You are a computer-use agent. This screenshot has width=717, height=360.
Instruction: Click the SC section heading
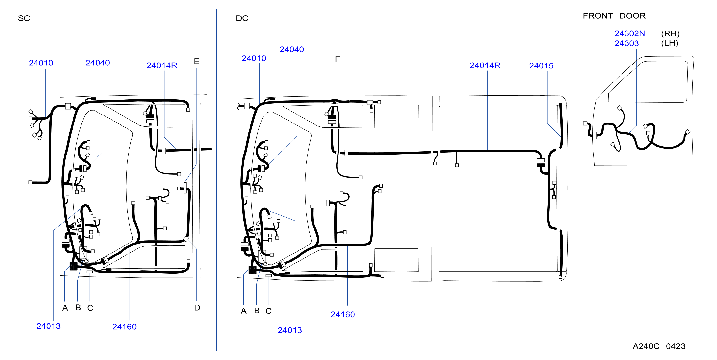[x=24, y=18]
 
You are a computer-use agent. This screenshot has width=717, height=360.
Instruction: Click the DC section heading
[x=242, y=18]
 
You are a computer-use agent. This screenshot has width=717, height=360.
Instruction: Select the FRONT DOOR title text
[x=614, y=16]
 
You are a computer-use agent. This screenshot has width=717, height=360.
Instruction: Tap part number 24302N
[x=630, y=33]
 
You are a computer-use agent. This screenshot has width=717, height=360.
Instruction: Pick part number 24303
[x=627, y=43]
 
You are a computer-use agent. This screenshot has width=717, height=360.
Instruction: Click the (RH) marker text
[x=670, y=34]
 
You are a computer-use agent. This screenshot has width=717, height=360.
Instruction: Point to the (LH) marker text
[x=670, y=43]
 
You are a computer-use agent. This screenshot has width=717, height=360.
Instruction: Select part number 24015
[x=541, y=66]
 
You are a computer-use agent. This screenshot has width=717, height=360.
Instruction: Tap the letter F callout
[x=337, y=59]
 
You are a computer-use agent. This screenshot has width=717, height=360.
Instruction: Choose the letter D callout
[x=197, y=308]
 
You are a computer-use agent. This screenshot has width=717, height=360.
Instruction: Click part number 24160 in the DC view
[x=343, y=315]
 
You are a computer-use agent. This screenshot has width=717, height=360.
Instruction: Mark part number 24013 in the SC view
[x=48, y=326]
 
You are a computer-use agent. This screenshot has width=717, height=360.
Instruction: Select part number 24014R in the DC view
[x=485, y=65]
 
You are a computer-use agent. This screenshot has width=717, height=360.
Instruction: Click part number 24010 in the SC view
[x=41, y=63]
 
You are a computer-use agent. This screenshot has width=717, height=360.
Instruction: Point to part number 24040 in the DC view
[x=292, y=49]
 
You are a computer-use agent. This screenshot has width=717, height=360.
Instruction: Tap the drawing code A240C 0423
[x=659, y=346]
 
